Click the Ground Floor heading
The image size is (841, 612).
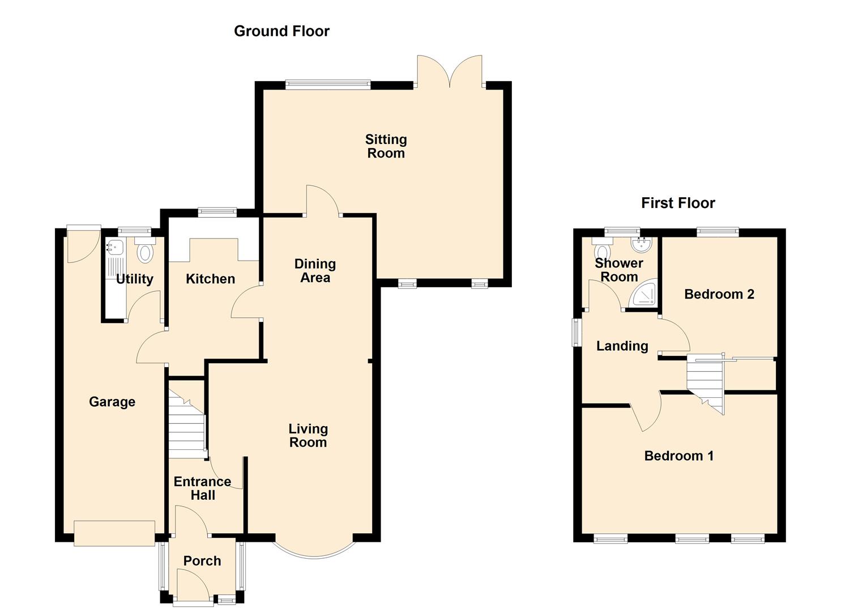click(x=281, y=31)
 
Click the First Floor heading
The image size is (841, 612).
click(x=678, y=203)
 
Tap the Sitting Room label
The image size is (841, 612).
click(x=386, y=146)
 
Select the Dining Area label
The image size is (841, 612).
click(x=315, y=271)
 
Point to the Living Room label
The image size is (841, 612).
click(x=308, y=436)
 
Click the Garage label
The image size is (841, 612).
click(x=112, y=402)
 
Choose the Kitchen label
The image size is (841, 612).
click(x=210, y=279)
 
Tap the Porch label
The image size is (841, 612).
click(x=202, y=561)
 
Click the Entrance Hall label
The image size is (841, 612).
click(x=202, y=488)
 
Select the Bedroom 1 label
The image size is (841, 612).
click(x=678, y=456)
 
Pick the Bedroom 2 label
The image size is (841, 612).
click(x=719, y=294)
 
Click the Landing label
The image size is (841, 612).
click(x=622, y=346)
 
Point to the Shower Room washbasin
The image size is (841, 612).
click(x=644, y=244)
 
